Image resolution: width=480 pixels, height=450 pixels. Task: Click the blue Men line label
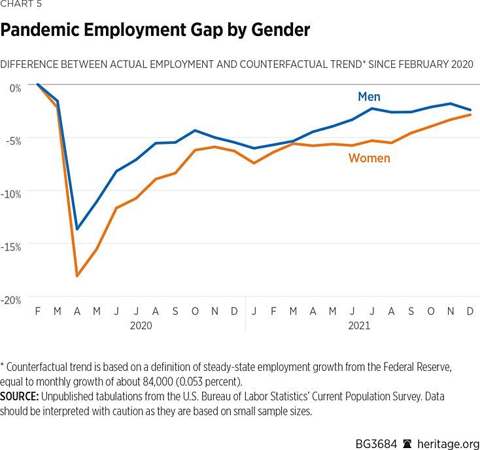pyautogui.click(x=369, y=97)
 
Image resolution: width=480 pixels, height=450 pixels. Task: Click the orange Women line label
pyautogui.click(x=369, y=158)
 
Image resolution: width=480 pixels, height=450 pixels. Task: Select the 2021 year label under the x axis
pyautogui.click(x=358, y=325)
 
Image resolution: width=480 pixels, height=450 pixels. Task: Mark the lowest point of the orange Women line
pyautogui.click(x=77, y=276)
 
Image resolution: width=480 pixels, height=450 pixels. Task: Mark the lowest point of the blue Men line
pyautogui.click(x=77, y=229)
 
